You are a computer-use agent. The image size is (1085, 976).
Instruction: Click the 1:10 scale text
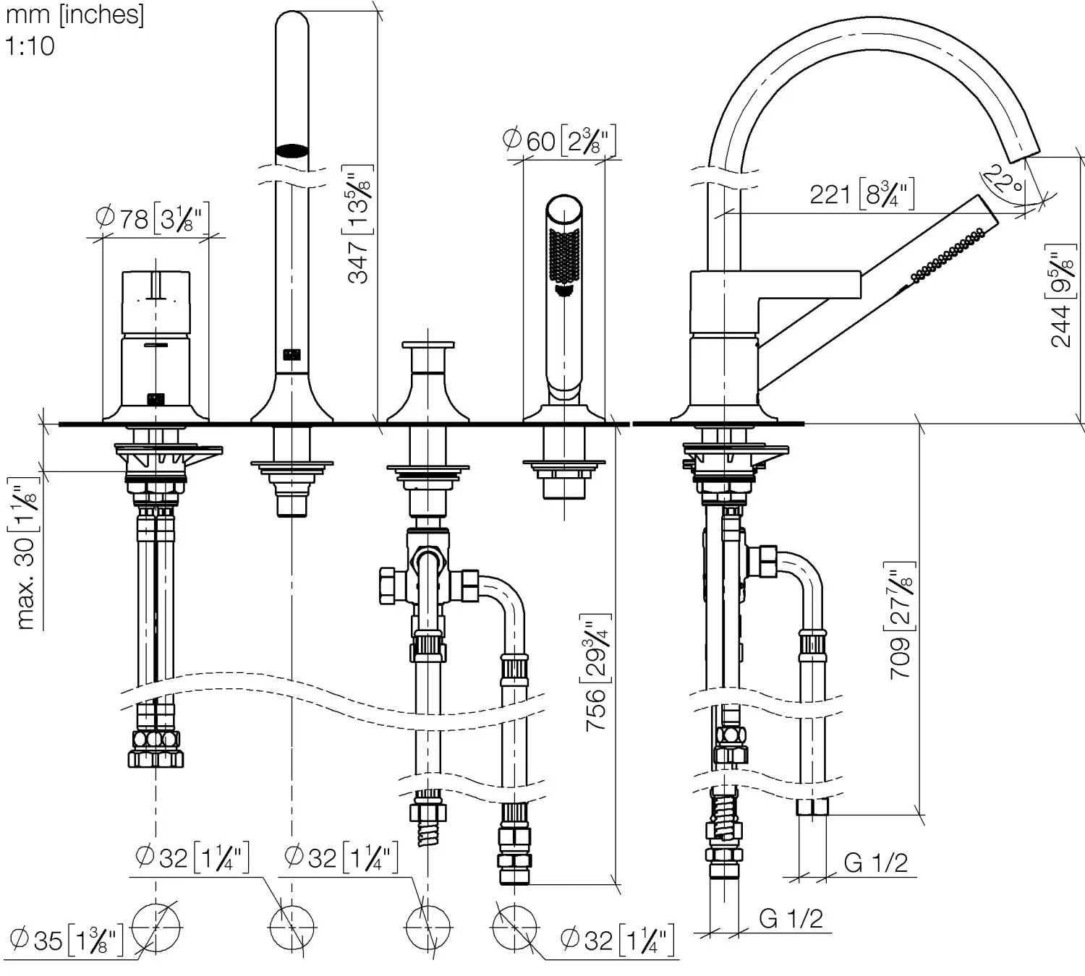tap(30, 46)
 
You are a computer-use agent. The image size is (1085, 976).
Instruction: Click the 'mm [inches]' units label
tap(75, 14)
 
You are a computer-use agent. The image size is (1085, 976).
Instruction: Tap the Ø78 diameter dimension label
tap(153, 218)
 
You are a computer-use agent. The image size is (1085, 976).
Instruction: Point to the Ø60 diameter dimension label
tap(560, 140)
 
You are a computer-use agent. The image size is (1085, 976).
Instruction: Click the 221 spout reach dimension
tap(861, 194)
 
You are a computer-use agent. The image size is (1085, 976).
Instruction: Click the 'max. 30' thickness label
tap(27, 552)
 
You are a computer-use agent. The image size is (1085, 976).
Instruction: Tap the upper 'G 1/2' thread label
tap(875, 862)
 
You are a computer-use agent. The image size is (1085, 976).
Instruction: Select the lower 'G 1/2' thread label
tap(791, 918)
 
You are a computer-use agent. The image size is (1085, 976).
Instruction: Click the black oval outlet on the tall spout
tap(292, 150)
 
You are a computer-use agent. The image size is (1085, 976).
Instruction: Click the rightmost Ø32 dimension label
tap(617, 940)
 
